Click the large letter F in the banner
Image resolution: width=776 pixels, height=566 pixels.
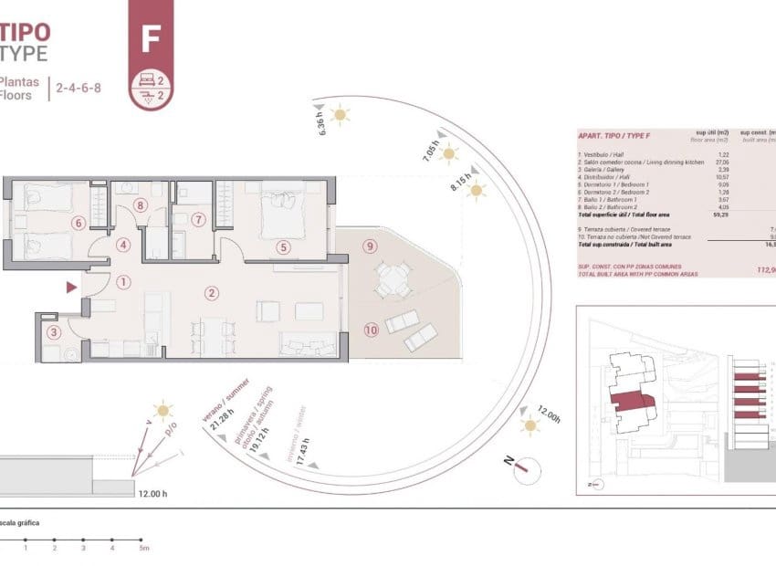pyautogui.click(x=151, y=39)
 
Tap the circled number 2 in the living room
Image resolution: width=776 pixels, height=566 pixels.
pyautogui.click(x=212, y=294)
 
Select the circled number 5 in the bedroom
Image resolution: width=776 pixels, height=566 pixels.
pyautogui.click(x=284, y=246)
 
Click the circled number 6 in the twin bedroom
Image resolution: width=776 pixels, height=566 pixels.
pyautogui.click(x=79, y=223)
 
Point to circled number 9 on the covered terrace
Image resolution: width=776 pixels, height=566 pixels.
pyautogui.click(x=369, y=246)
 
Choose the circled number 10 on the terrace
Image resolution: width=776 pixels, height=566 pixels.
pyautogui.click(x=371, y=330)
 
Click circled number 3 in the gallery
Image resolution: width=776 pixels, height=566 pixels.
pyautogui.click(x=55, y=334)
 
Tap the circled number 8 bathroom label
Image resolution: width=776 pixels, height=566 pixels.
pyautogui.click(x=140, y=205)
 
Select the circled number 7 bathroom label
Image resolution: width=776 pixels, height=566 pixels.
pyautogui.click(x=199, y=219)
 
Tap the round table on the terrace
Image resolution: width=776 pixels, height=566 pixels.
pyautogui.click(x=392, y=281)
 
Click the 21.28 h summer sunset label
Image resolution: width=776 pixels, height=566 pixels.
pyautogui.click(x=215, y=422)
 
